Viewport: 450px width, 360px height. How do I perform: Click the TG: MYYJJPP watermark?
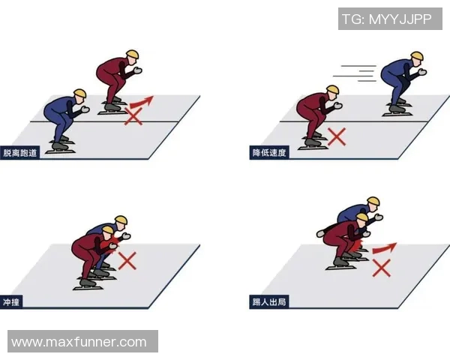tap(387, 19)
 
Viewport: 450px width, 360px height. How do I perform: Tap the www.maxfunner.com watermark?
tap(79, 342)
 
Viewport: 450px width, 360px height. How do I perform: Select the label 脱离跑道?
tap(20, 153)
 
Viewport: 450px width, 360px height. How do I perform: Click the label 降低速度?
tap(269, 153)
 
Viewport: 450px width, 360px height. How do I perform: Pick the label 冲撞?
tap(11, 302)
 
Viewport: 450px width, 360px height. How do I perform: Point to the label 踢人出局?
tap(269, 302)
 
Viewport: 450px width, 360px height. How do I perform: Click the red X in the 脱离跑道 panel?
tap(133, 116)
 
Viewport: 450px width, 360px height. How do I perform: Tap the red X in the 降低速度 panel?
tap(337, 136)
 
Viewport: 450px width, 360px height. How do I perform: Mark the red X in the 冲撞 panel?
tap(127, 261)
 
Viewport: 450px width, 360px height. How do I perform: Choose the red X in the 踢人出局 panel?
tap(382, 268)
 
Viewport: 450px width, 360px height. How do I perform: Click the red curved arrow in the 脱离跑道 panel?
tap(142, 102)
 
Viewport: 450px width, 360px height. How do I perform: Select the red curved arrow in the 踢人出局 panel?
tap(385, 248)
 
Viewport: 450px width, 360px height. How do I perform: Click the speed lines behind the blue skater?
tap(355, 73)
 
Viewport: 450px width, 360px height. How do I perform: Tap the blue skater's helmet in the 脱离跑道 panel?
tap(79, 93)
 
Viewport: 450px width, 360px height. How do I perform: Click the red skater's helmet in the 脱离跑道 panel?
tap(133, 55)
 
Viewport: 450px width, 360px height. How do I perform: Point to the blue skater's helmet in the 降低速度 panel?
tap(417, 56)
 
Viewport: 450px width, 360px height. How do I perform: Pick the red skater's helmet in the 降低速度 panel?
tap(333, 89)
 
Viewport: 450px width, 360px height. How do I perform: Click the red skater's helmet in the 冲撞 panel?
tap(108, 230)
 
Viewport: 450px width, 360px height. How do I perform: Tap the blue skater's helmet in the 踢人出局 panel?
tap(373, 201)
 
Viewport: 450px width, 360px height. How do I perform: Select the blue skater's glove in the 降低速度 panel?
tap(422, 72)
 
